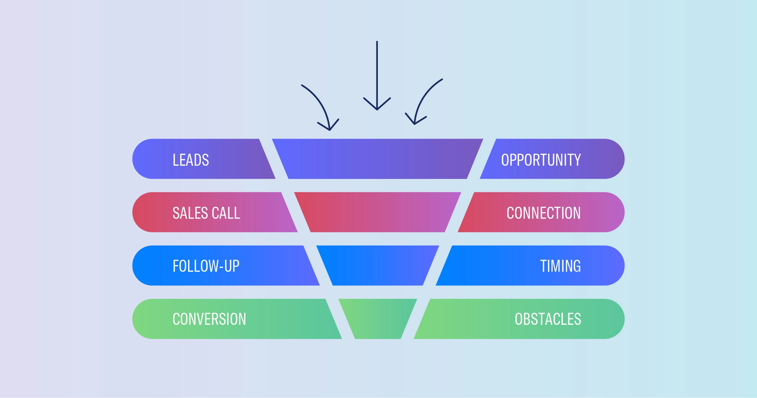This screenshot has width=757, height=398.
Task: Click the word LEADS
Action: point(191,160)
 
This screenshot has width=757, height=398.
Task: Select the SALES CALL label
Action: point(206,213)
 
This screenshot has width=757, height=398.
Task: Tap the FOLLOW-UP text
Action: point(206,266)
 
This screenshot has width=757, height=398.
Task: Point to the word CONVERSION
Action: point(209,319)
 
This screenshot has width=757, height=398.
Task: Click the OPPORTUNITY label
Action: point(541,160)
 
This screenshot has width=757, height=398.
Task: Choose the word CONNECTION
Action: point(543,213)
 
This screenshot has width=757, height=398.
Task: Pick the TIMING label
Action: point(560,266)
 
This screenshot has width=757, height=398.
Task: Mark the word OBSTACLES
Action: point(548,319)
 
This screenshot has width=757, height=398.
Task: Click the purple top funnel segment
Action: point(378,159)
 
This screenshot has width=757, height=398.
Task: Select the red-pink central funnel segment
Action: point(378,212)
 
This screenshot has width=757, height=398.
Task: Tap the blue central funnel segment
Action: point(378,265)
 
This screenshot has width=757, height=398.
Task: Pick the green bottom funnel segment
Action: point(378,319)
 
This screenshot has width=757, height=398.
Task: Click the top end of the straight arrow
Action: point(377,41)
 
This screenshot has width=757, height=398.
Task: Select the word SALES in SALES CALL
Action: point(191,213)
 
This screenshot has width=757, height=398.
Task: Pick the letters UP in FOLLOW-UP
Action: point(232,266)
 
